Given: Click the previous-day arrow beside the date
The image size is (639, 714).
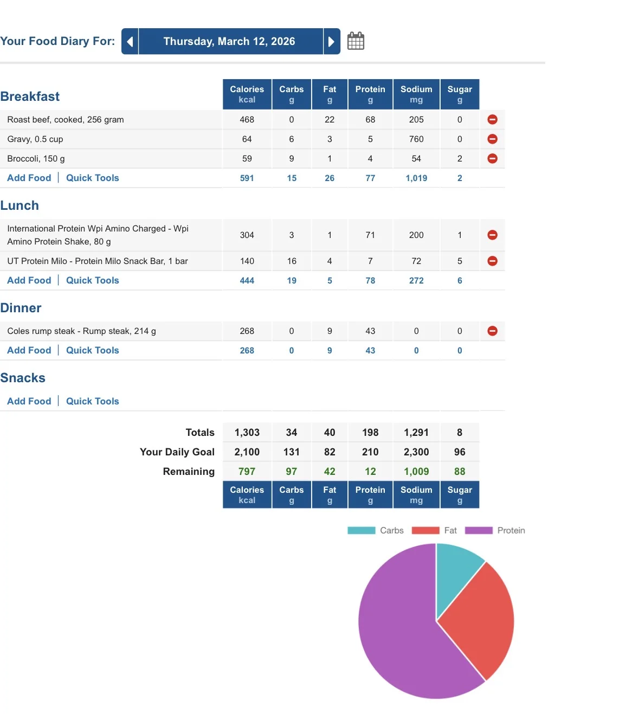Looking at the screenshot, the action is pos(130,42).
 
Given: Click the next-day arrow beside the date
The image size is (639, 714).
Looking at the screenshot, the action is pos(332,42).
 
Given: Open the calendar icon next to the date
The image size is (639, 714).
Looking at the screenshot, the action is pos(356,41).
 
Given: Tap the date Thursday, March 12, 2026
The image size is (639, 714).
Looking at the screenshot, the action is pos(229,41).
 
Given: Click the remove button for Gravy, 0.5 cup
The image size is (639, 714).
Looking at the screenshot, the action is pos(492,139).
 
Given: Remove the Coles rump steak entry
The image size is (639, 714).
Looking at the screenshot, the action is pos(492,331).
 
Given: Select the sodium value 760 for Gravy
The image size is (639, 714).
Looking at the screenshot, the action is pos(416,139).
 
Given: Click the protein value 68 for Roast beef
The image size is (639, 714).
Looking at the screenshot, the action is pos(370,119).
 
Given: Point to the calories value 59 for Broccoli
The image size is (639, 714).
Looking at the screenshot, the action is pos(247,159).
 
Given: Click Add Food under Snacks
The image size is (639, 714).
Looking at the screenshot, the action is pos(29,401).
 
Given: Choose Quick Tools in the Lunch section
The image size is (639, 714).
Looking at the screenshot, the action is pos(92,280).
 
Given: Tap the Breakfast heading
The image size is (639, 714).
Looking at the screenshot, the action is pos(30,96).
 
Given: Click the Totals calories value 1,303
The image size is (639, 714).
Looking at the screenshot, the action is pos(247,432).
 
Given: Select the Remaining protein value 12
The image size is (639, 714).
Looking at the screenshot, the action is pos(370,471).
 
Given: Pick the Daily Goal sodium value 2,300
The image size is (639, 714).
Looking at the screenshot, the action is pos(416,452).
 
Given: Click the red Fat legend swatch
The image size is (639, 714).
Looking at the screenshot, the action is pos(425,530).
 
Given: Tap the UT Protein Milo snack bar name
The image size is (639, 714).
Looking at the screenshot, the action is pos(98,261).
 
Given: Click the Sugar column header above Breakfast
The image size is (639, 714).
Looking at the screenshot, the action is pos(460,94).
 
